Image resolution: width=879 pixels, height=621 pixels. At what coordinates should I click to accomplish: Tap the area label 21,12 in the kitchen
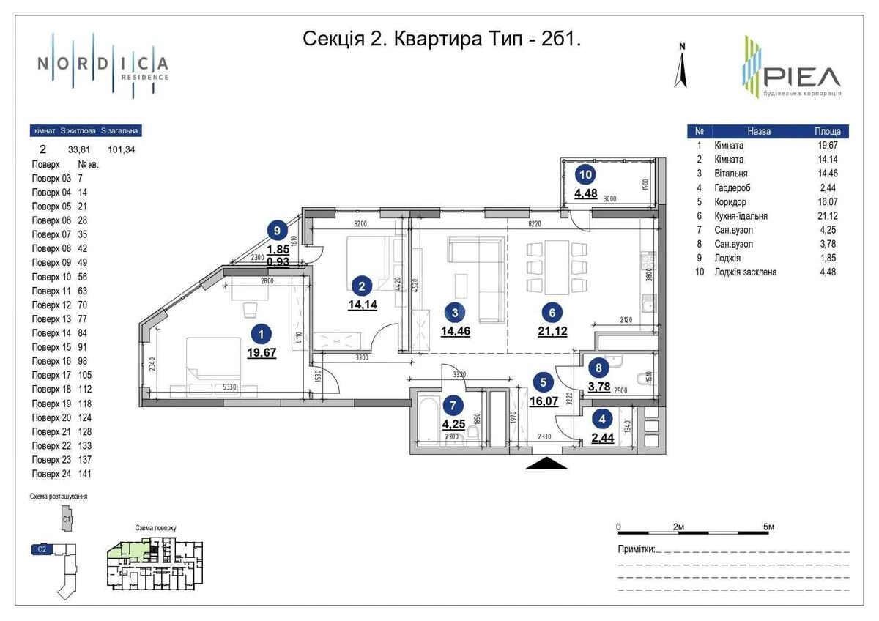pyautogui.click(x=552, y=331)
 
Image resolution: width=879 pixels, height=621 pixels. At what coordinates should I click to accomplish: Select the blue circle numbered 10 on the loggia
pyautogui.click(x=585, y=174)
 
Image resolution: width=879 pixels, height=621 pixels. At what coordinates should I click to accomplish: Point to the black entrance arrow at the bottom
pyautogui.click(x=546, y=463)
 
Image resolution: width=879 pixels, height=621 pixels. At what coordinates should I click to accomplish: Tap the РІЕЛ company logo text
pyautogui.click(x=801, y=76)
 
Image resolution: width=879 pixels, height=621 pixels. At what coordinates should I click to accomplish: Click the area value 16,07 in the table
pyautogui.click(x=828, y=202)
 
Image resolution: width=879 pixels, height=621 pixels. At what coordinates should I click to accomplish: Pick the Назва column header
pyautogui.click(x=759, y=132)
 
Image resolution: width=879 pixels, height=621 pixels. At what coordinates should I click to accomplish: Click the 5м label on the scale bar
pyautogui.click(x=768, y=527)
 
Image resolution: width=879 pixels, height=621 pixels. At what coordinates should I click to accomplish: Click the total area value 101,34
pyautogui.click(x=121, y=150)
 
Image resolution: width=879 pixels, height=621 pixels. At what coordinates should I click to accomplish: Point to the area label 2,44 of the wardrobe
pyautogui.click(x=601, y=439)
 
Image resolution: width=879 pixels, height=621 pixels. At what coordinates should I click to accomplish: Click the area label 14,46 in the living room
pyautogui.click(x=456, y=331)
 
